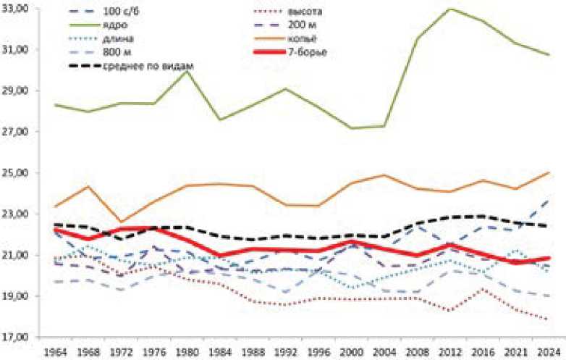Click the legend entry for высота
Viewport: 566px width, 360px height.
click(297, 13)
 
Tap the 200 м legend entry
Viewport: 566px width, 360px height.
click(294, 26)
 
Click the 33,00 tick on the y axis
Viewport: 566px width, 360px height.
click(17, 9)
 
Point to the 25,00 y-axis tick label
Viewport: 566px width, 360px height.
click(17, 173)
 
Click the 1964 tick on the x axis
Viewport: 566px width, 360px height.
click(56, 351)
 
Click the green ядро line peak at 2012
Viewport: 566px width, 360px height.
click(451, 9)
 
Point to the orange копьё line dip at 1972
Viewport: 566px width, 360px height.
click(121, 222)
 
